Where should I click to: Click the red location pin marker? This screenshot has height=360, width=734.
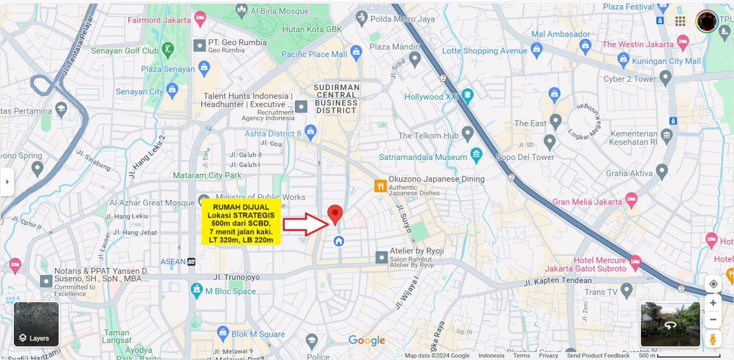pos(335,213)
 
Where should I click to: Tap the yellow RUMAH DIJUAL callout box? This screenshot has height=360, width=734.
pos(241,222)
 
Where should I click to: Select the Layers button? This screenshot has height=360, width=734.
pos(36,324)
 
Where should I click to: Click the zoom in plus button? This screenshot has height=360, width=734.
pos(713,303)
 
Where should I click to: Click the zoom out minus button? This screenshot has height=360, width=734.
pos(713,319)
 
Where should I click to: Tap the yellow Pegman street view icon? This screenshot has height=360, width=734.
pos(713,339)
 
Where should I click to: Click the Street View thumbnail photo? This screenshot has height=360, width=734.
pos(670,324)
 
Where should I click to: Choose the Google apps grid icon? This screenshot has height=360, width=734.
pos(680,21)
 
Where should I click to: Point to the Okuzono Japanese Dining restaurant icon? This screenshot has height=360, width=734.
pos(380,186)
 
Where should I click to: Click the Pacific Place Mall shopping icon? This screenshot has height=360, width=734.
pos(356,53)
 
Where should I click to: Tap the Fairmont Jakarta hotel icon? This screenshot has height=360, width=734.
pos(200,20)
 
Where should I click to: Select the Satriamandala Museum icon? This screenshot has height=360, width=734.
pos(476,154)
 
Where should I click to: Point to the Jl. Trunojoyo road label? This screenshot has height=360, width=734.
pos(236,277)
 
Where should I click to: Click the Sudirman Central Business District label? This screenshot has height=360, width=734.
pos(336,99)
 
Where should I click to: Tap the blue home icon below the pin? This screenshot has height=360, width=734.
pos(338,241)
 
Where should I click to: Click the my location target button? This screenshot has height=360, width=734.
pos(713,284)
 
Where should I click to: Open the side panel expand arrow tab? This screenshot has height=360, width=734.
pos(7,182)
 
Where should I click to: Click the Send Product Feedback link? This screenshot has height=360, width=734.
pos(598,355)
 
